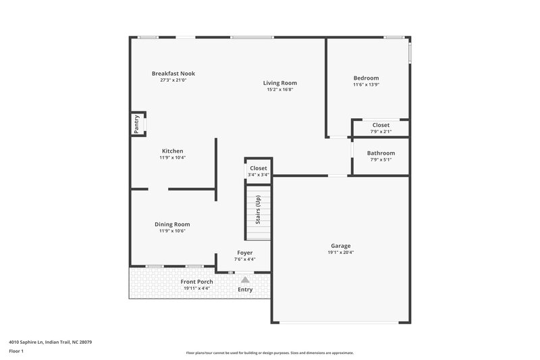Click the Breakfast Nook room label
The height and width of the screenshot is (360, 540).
(x=173, y=74)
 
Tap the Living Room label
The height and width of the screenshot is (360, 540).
(x=279, y=83)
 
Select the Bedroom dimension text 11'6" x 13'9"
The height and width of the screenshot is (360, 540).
(x=367, y=85)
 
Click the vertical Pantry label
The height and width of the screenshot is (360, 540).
(x=136, y=125)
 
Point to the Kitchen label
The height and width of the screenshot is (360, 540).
(x=172, y=151)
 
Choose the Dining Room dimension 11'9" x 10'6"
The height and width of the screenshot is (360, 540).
(x=172, y=231)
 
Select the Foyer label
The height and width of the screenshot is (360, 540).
(x=244, y=253)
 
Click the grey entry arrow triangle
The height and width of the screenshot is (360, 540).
(x=245, y=279)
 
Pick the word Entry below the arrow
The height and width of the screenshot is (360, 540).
(x=245, y=290)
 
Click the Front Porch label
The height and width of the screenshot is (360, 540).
(x=196, y=282)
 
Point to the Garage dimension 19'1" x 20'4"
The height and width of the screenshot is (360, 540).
(x=340, y=253)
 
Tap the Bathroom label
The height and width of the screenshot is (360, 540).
(x=381, y=153)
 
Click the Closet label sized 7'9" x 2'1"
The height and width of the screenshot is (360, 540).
(x=381, y=125)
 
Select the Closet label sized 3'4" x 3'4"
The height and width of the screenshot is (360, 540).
(x=259, y=168)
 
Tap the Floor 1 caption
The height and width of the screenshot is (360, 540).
(x=17, y=352)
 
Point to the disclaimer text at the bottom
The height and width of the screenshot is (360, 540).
(x=269, y=353)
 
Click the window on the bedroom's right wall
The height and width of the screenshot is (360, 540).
(x=410, y=54)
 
